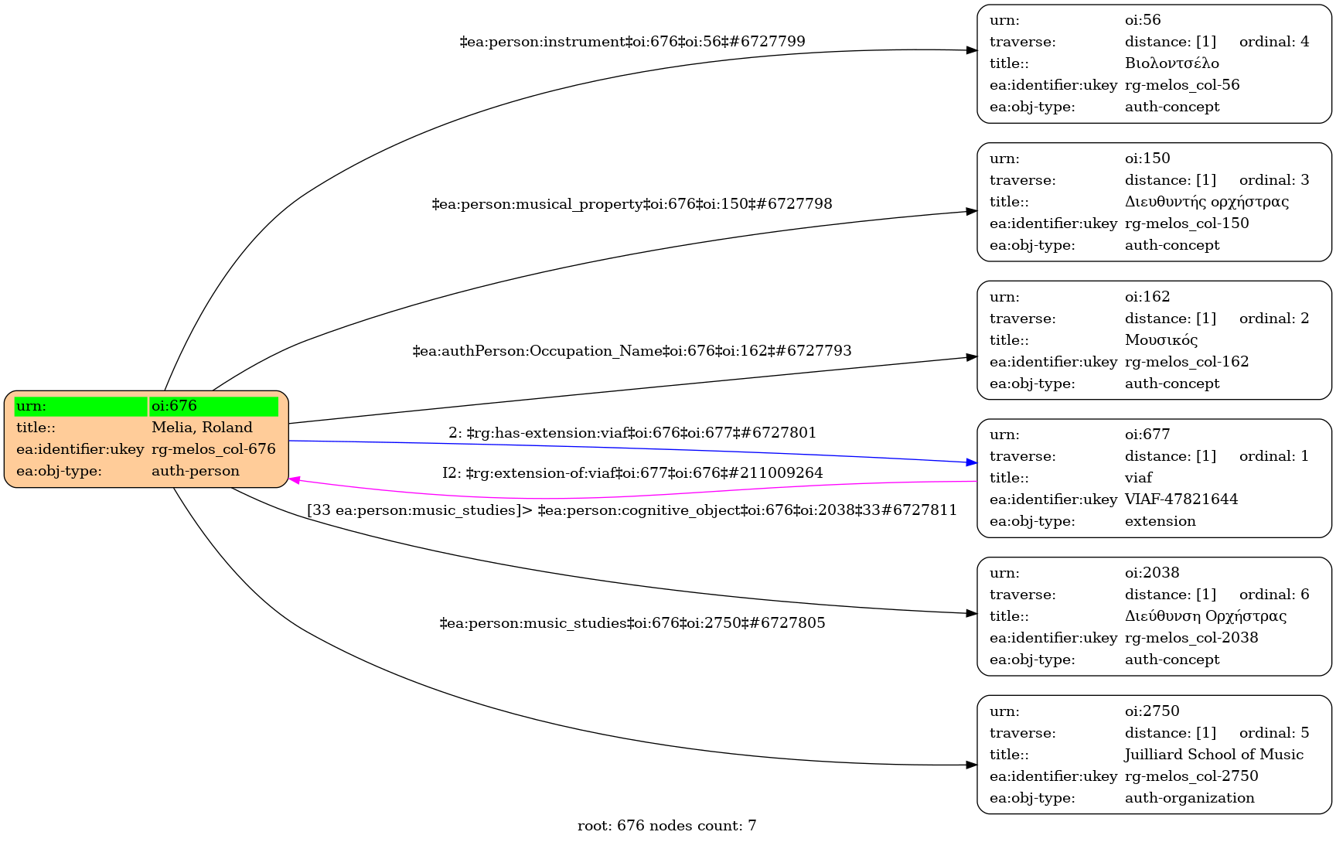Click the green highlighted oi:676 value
pyautogui.click(x=213, y=406)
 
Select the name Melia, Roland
pyautogui.click(x=202, y=428)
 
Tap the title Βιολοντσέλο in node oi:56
pyautogui.click(x=1171, y=63)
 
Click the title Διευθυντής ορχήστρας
pyautogui.click(x=1206, y=202)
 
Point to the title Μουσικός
pyautogui.click(x=1160, y=340)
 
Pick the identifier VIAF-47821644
pyautogui.click(x=1181, y=499)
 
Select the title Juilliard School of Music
pyautogui.click(x=1213, y=755)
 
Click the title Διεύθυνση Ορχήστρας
pyautogui.click(x=1205, y=616)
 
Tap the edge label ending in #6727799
pyautogui.click(x=632, y=42)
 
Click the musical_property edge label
pyautogui.click(x=632, y=204)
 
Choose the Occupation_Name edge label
pyautogui.click(x=632, y=351)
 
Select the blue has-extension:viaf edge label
pyautogui.click(x=632, y=433)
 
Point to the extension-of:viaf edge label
pyautogui.click(x=632, y=473)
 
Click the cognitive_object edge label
pyautogui.click(x=632, y=510)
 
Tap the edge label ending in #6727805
pyautogui.click(x=632, y=623)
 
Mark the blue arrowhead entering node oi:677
pyautogui.click(x=972, y=462)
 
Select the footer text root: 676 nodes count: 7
pyautogui.click(x=666, y=826)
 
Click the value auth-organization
pyautogui.click(x=1189, y=798)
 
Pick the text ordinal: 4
pyautogui.click(x=1273, y=42)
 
